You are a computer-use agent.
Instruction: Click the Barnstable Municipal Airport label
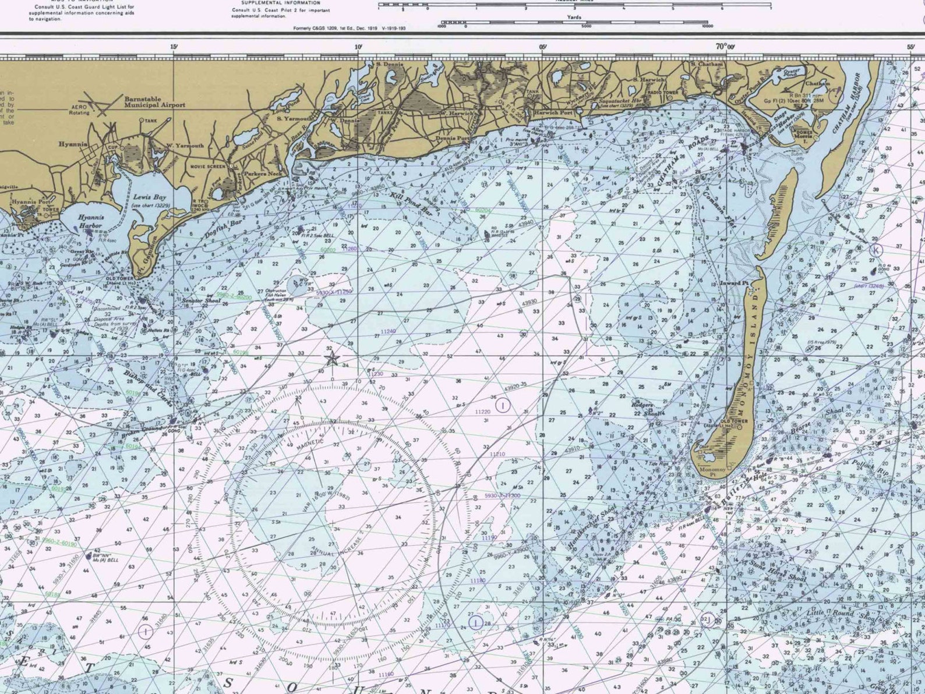click(154, 102)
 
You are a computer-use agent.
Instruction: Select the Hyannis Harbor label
click(90, 221)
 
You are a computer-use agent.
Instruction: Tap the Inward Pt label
click(734, 283)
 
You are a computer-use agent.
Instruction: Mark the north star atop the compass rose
click(331, 359)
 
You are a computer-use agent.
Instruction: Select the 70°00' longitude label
click(725, 47)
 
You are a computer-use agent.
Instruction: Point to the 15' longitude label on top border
click(174, 47)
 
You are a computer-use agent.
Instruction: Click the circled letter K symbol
click(876, 250)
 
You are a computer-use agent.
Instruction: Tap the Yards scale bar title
click(574, 17)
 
